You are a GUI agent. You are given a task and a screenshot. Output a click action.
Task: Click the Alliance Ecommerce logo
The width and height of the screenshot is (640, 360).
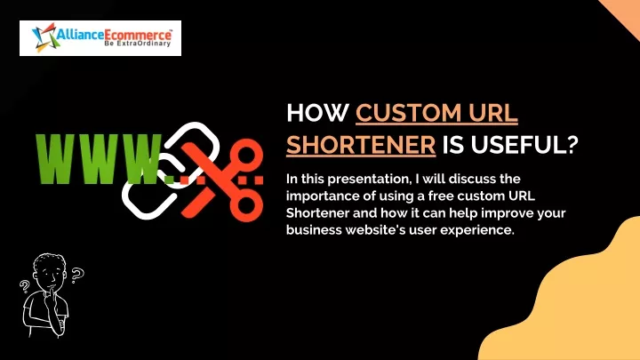point(100,38)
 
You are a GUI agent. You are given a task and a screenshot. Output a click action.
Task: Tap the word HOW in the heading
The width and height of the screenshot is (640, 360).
point(318,113)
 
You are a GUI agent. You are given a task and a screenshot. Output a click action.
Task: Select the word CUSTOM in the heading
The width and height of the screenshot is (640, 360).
point(409,113)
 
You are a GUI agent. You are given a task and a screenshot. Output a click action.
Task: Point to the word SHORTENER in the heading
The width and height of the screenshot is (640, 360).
point(361,145)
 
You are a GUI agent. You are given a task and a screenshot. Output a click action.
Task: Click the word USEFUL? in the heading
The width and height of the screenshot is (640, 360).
point(525,145)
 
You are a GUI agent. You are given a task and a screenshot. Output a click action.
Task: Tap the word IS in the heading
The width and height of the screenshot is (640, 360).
point(453,145)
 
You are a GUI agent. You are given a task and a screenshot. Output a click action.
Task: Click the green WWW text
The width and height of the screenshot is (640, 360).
point(100,158)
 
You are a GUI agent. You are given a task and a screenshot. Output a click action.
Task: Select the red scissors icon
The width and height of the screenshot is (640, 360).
point(222,180)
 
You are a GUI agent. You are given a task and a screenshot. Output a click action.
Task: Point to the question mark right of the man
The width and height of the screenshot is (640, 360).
point(76,276)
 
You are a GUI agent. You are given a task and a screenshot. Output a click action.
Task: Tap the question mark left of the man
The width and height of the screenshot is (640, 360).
point(25,285)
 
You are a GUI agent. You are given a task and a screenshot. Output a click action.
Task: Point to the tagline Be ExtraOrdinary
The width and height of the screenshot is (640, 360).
point(138,44)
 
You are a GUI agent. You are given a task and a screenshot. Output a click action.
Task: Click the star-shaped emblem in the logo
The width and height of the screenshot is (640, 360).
point(44,37)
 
